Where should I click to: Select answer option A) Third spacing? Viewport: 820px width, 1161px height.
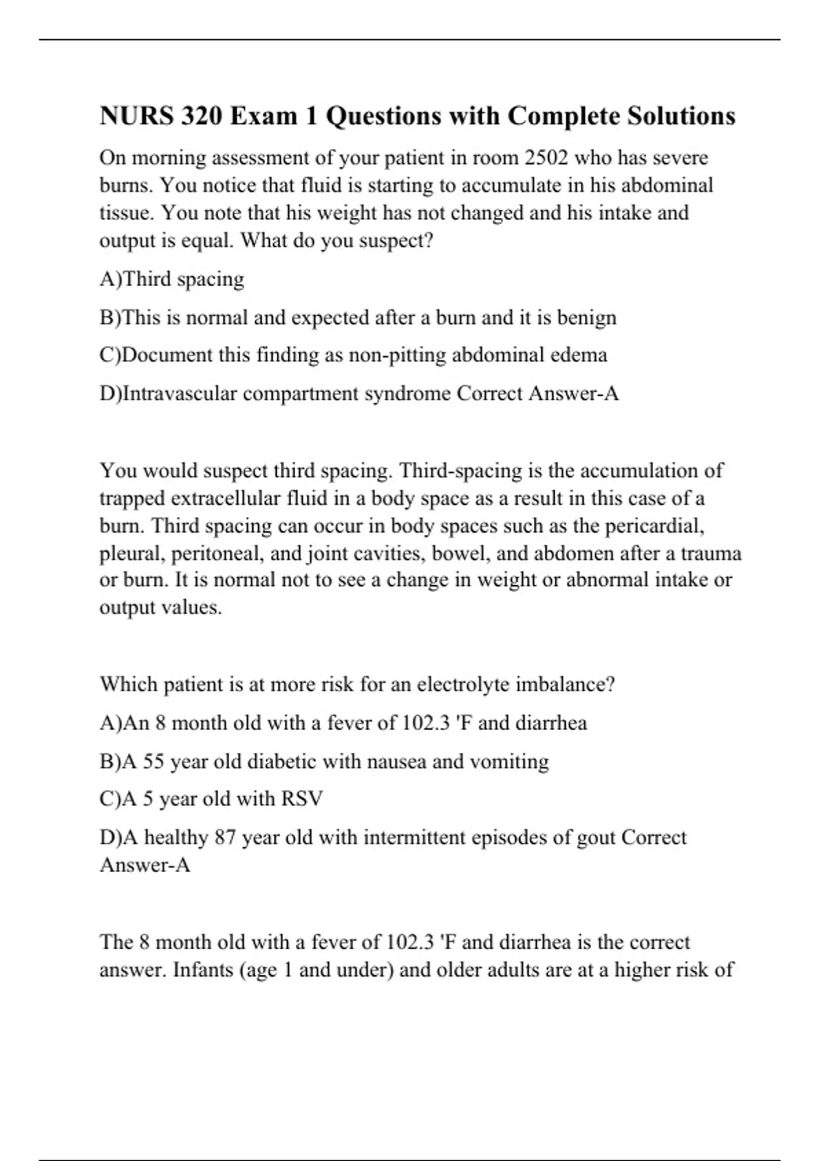[172, 279]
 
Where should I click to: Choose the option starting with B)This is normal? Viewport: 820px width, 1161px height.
[357, 318]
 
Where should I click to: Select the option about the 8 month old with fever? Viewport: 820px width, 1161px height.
[343, 723]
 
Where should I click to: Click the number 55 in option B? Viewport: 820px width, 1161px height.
[153, 761]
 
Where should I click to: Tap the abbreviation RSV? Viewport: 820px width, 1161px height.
[301, 799]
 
